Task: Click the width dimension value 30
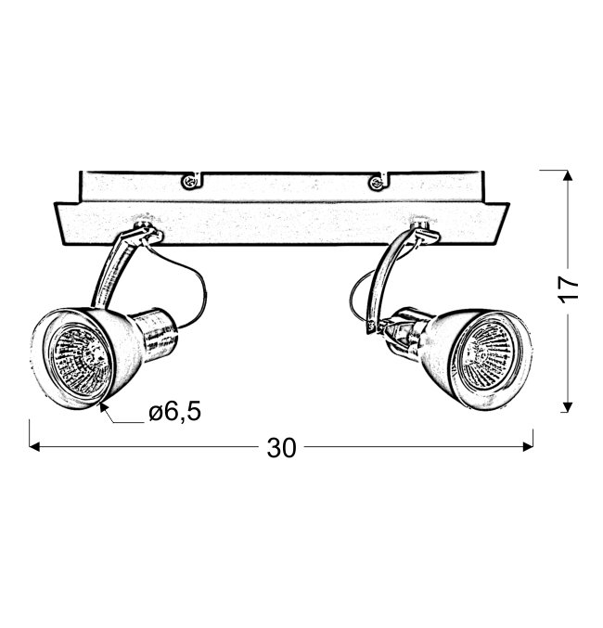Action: point(281,448)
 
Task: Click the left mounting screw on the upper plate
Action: point(189,182)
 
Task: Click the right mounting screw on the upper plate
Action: point(377,183)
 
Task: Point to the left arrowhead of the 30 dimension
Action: point(34,446)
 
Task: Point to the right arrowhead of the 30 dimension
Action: point(528,446)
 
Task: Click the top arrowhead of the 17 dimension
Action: point(567,175)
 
